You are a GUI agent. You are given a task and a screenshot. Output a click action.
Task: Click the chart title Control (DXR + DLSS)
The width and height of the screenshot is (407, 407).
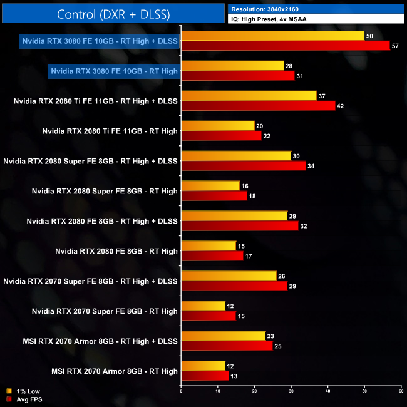[x=113, y=13]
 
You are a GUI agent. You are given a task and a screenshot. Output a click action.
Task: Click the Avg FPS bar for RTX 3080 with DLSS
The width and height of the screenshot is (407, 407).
[x=285, y=46]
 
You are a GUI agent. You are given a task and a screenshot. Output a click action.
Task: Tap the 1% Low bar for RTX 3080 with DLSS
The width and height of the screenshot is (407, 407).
[x=272, y=36]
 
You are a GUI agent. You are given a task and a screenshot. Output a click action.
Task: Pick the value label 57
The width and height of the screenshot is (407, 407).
[x=396, y=46]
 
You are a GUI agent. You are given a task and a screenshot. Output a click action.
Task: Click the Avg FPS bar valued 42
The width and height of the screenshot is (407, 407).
[x=257, y=106]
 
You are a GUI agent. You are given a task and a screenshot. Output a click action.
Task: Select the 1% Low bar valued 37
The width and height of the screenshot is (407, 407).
[x=249, y=96]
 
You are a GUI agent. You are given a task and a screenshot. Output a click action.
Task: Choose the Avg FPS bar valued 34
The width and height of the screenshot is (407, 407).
[x=243, y=166]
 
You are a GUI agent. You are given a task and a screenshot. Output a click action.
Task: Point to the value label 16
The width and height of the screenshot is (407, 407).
[x=245, y=186]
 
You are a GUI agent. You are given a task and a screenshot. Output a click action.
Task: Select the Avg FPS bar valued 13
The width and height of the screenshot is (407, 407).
[x=204, y=376]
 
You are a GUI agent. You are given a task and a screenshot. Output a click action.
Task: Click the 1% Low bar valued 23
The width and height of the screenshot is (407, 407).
[x=223, y=336]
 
